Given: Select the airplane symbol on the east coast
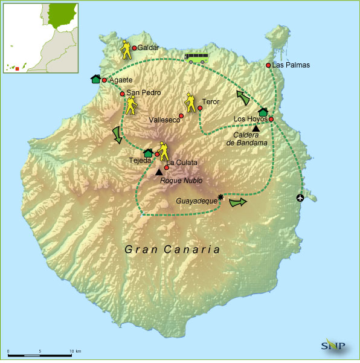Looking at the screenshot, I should pos(300,198).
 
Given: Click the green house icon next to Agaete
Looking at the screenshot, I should pos(95,79).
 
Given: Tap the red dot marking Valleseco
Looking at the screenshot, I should pos(181,115).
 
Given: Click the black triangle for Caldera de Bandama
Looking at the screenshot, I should pos(256,128).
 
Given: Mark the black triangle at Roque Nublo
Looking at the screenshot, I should pos(159,172).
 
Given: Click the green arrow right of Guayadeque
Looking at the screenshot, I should pos(239,202).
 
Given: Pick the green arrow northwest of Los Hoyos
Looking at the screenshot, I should pos(245,97).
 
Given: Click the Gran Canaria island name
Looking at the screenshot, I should pos(172,249).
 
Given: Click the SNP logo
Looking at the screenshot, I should pos(333,345).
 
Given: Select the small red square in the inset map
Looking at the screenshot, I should pos(17,69).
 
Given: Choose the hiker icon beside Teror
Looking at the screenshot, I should pos(190,101).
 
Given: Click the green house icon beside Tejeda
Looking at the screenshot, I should pos(147,154).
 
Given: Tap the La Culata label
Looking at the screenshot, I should pos(182,162).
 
